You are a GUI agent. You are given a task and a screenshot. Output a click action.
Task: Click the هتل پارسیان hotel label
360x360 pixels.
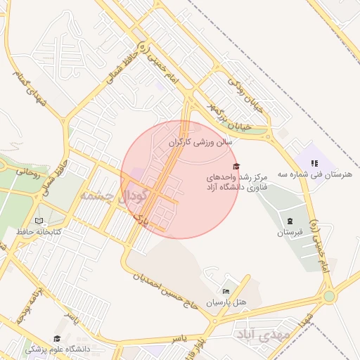click(x=226, y=302)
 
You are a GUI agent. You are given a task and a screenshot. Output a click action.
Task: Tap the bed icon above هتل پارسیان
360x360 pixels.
click(x=226, y=291)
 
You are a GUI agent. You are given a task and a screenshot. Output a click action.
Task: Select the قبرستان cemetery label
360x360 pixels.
click(x=289, y=231)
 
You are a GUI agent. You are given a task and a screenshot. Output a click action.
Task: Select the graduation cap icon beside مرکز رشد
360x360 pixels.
click(x=236, y=165)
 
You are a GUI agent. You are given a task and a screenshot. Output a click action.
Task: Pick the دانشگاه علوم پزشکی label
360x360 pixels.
click(x=58, y=349)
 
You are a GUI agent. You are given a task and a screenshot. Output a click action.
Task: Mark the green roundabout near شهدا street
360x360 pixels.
click(x=329, y=297)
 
